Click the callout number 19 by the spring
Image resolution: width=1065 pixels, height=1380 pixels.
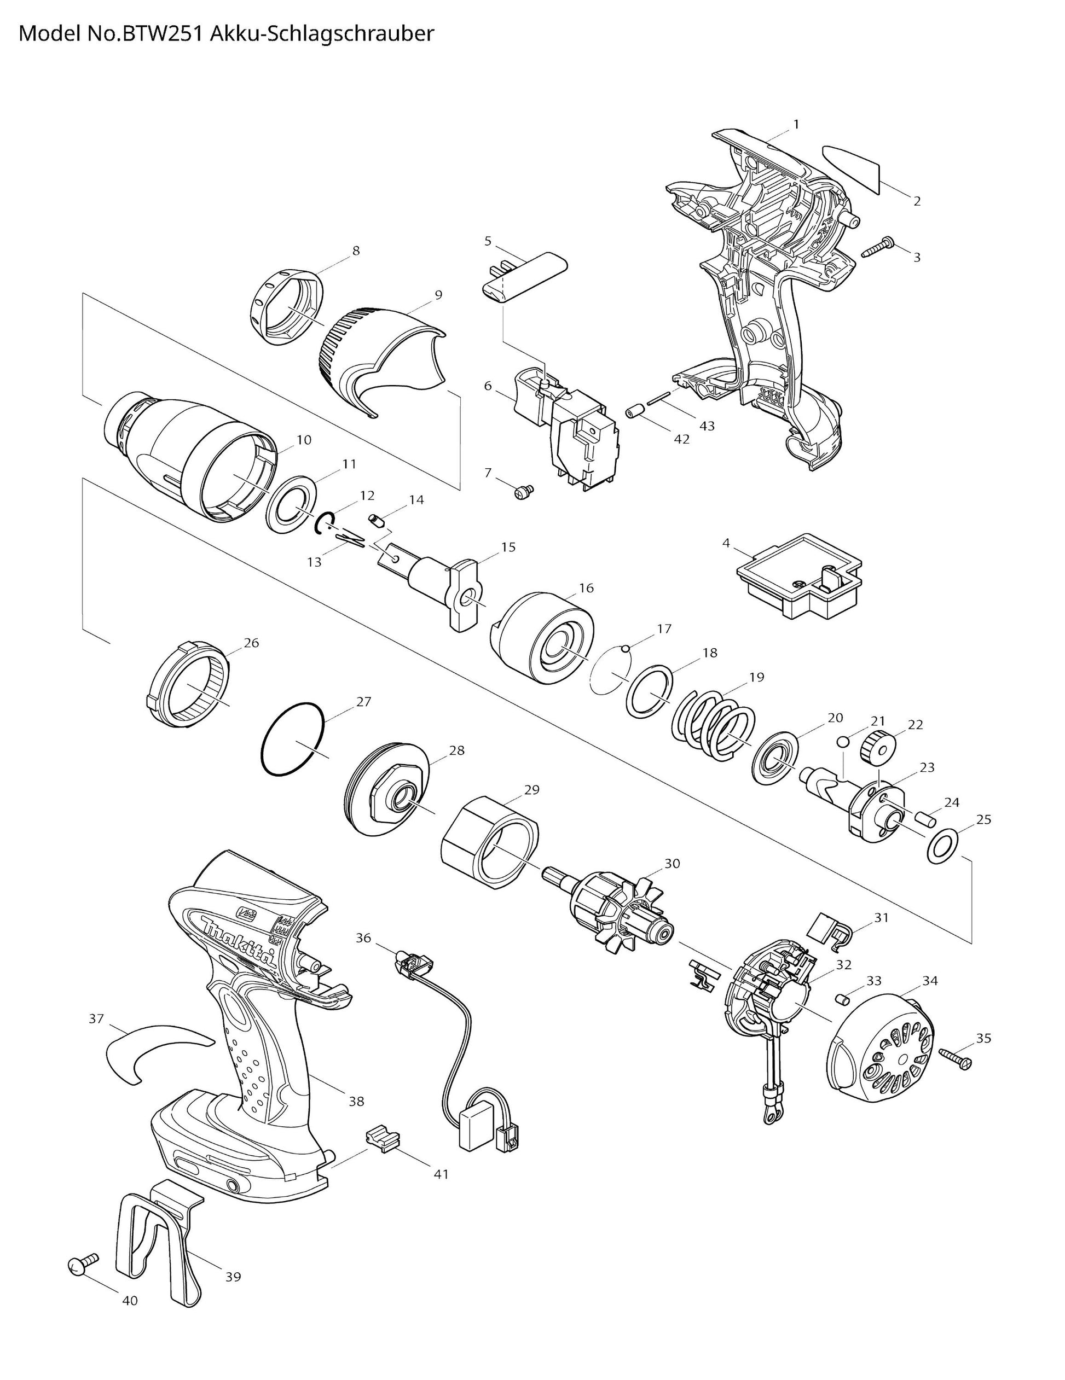tap(756, 677)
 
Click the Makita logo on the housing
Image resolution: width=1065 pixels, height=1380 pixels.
tap(240, 941)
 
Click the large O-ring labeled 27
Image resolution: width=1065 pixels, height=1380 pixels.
tap(293, 738)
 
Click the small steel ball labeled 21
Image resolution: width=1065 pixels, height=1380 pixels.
tap(842, 741)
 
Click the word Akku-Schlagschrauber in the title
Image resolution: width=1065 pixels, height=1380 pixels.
tap(322, 34)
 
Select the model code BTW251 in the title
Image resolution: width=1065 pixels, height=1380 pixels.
tap(163, 33)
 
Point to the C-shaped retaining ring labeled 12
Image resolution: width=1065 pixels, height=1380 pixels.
tap(324, 522)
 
